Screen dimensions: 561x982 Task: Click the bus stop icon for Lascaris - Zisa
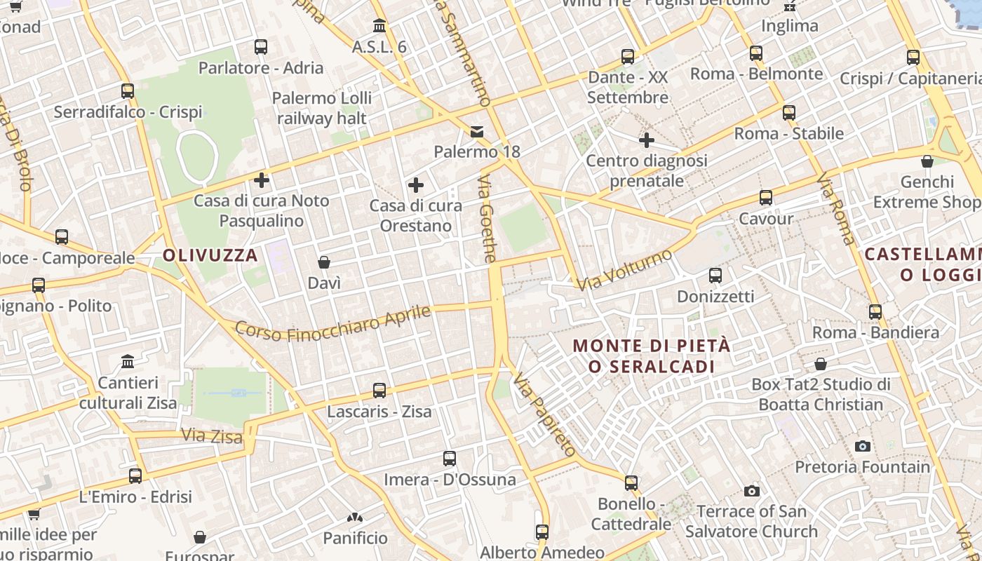tap(379, 391)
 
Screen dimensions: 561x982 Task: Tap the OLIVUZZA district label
tap(210, 255)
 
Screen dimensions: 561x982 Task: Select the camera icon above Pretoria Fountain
tap(863, 446)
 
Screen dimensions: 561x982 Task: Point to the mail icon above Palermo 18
tap(477, 132)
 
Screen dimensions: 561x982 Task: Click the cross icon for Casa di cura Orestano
tap(416, 186)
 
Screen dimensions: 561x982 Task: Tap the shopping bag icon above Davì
tap(324, 263)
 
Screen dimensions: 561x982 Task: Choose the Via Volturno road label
tap(624, 270)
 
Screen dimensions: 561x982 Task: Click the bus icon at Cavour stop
tap(766, 198)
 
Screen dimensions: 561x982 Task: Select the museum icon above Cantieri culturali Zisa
tap(128, 362)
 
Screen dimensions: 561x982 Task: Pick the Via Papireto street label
tap(544, 414)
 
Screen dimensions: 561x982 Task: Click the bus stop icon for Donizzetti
tap(715, 276)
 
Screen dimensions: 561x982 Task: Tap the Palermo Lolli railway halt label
tap(322, 108)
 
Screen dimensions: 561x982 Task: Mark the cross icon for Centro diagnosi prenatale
tap(647, 141)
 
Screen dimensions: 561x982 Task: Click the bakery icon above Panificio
tap(355, 518)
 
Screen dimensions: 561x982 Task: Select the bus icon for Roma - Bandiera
tap(875, 312)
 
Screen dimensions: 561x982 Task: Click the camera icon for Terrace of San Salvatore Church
tap(752, 491)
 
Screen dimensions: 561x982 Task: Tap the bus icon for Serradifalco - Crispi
tap(128, 91)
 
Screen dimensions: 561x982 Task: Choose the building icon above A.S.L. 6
tap(379, 26)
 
